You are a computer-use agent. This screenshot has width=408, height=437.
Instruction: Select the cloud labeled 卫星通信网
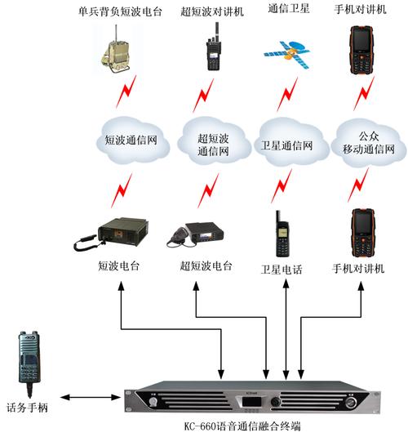click(x=286, y=143)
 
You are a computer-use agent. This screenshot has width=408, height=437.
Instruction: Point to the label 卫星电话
click(x=282, y=270)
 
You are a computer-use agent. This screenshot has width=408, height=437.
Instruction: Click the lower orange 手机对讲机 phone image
click(x=359, y=233)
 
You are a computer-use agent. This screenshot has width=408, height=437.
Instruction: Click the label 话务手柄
click(x=27, y=405)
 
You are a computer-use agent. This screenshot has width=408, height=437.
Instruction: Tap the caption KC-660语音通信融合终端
click(x=254, y=426)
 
